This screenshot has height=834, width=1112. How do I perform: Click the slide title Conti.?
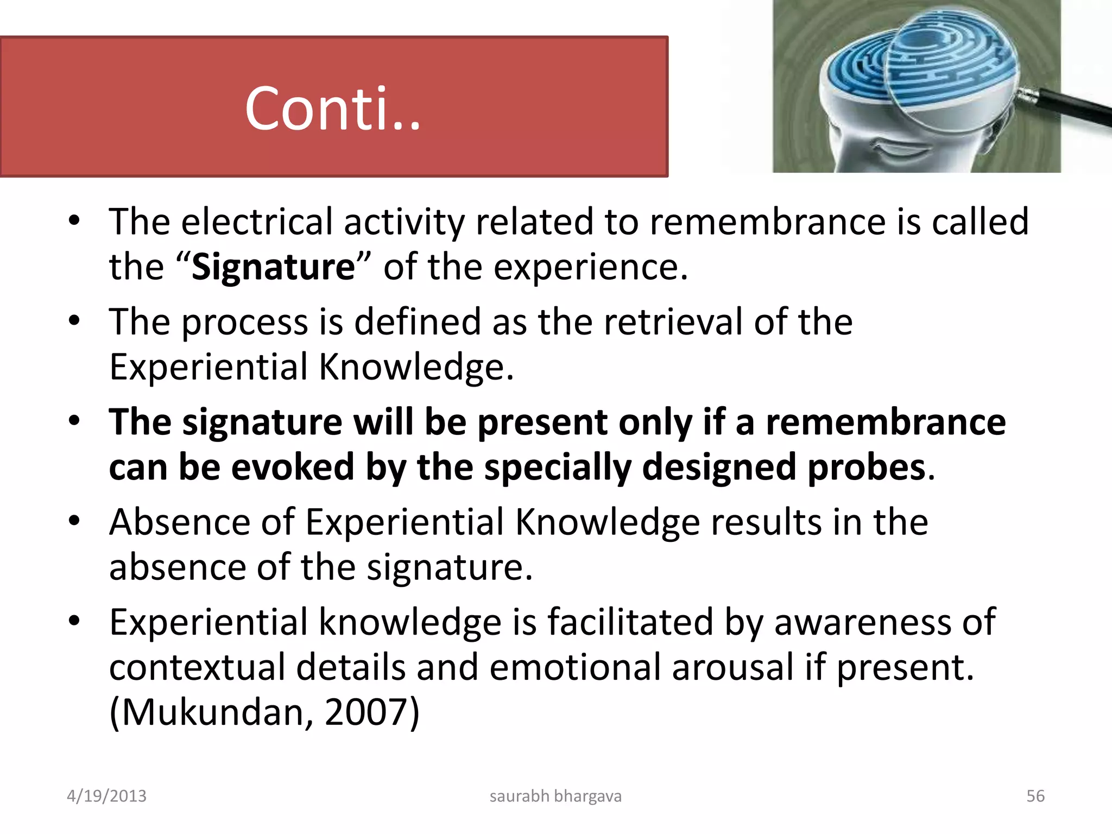[x=332, y=109]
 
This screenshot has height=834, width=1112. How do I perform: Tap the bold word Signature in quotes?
[x=273, y=267]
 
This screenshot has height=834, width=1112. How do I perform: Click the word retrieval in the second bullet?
[x=673, y=321]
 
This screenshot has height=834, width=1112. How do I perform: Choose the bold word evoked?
[x=293, y=467]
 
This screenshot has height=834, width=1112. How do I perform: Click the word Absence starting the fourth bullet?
[x=179, y=522]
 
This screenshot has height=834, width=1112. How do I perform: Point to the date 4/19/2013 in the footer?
[x=106, y=796]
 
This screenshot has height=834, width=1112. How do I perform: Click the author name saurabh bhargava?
[x=555, y=796]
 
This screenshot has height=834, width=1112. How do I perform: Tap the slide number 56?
[x=1035, y=796]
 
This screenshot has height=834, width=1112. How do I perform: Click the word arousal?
[x=733, y=667]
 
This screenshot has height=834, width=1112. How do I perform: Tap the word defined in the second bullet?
[x=417, y=321]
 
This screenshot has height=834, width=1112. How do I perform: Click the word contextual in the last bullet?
[x=197, y=667]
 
